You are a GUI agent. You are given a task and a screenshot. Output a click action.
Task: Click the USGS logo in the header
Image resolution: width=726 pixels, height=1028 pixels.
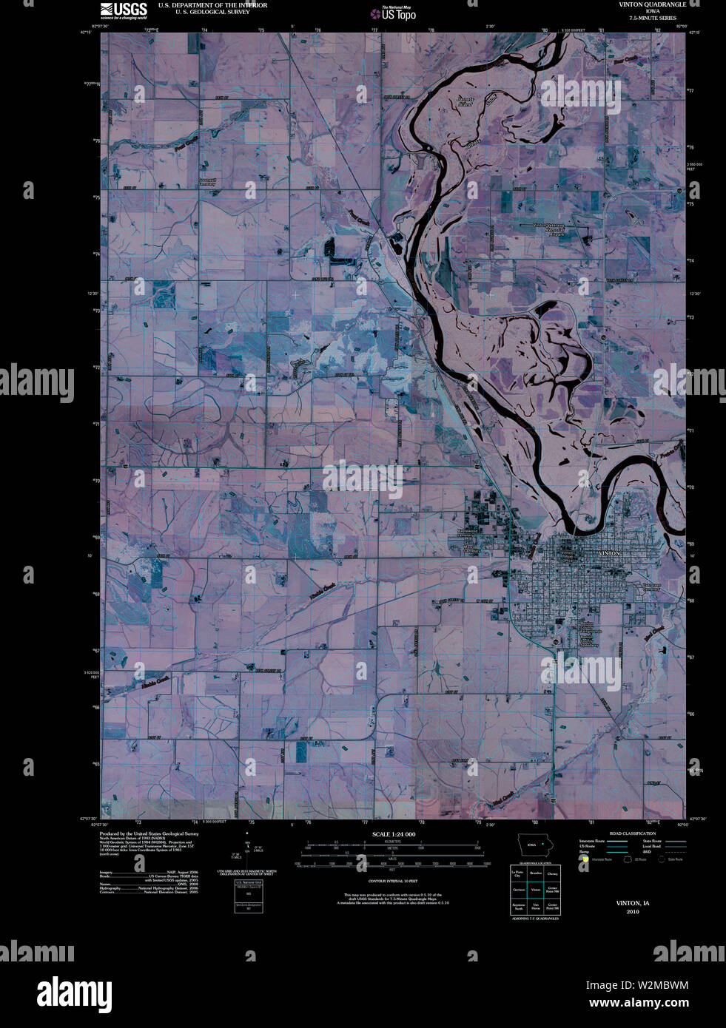click(x=123, y=10)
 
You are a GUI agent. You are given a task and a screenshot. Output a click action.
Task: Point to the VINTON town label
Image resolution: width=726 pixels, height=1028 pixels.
click(x=611, y=553)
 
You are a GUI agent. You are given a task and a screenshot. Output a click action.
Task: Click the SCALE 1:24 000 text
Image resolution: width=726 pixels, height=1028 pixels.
click(x=393, y=834)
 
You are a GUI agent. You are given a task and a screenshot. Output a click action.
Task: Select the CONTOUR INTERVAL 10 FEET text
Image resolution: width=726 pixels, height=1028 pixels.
click(x=393, y=882)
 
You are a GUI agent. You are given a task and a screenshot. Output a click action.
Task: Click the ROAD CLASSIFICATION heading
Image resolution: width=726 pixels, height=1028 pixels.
click(x=632, y=833)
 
